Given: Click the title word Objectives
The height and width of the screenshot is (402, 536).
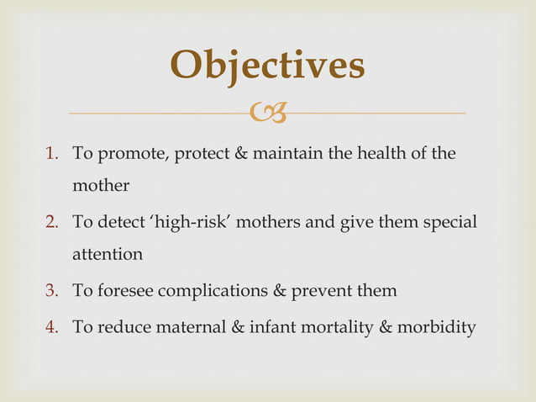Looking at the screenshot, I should point(267,65).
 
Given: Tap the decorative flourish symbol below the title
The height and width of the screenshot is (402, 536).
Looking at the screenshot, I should point(268,113).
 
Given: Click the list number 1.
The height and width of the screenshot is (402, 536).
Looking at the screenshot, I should point(52,155).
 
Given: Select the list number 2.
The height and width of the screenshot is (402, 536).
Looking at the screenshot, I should point(52,223).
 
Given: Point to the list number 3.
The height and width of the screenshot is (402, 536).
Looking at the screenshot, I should point(52,291).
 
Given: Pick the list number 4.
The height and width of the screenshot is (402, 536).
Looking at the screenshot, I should point(52,327).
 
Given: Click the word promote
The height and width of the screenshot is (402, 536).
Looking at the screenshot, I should point(129,156).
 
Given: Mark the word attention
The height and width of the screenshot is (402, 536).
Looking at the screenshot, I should point(108,253).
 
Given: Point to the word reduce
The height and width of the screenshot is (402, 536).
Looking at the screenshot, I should point(123,327).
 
